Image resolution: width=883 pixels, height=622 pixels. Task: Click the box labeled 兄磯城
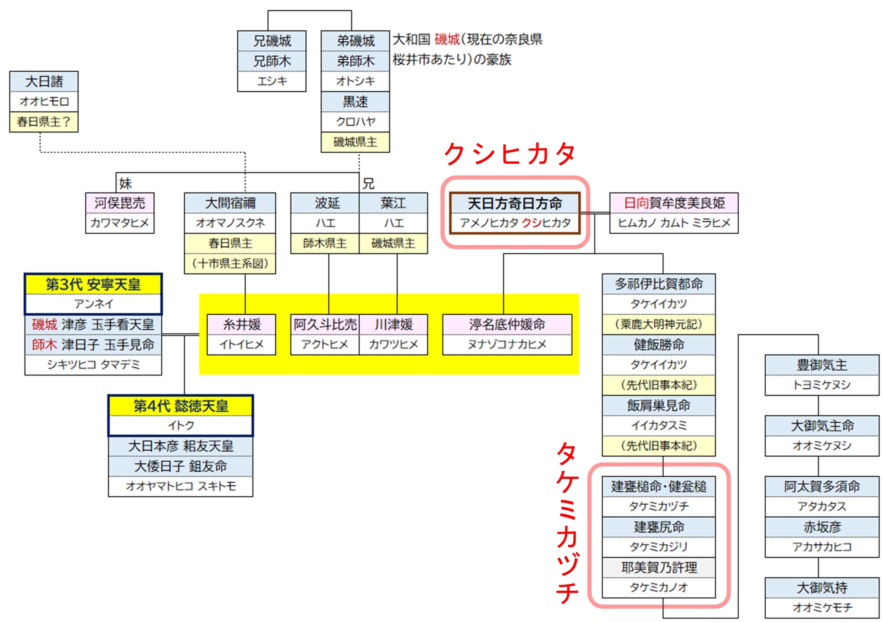pyautogui.click(x=272, y=41)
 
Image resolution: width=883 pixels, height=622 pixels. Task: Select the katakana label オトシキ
pyautogui.click(x=355, y=81)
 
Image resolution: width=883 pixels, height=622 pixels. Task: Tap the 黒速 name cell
pyautogui.click(x=355, y=102)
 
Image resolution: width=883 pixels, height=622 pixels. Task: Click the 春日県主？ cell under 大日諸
pyautogui.click(x=44, y=122)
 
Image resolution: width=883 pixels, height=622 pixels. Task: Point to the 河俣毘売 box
pyautogui.click(x=120, y=203)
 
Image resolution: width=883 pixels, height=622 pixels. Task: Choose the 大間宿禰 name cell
pyautogui.click(x=230, y=203)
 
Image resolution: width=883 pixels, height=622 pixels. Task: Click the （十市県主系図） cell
pyautogui.click(x=230, y=264)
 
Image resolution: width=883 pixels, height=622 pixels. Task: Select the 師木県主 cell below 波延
pyautogui.click(x=325, y=243)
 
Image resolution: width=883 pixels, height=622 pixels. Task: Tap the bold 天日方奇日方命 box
pyautogui.click(x=515, y=213)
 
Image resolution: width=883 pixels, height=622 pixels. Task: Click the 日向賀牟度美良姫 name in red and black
pyautogui.click(x=674, y=203)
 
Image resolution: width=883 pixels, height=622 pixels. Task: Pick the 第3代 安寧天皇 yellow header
pyautogui.click(x=93, y=284)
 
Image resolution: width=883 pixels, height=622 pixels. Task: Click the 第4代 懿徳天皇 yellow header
pyautogui.click(x=181, y=406)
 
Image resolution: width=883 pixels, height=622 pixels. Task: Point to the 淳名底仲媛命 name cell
pyautogui.click(x=507, y=325)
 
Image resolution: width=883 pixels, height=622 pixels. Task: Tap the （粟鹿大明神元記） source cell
pyautogui.click(x=659, y=325)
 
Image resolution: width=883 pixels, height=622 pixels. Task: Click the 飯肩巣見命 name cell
pyautogui.click(x=659, y=406)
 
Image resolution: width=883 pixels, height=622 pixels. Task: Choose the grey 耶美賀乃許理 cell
pyautogui.click(x=659, y=568)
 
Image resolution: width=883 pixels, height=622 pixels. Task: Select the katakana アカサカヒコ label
pyautogui.click(x=822, y=547)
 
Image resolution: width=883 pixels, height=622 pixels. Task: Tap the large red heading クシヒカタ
pyautogui.click(x=510, y=154)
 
